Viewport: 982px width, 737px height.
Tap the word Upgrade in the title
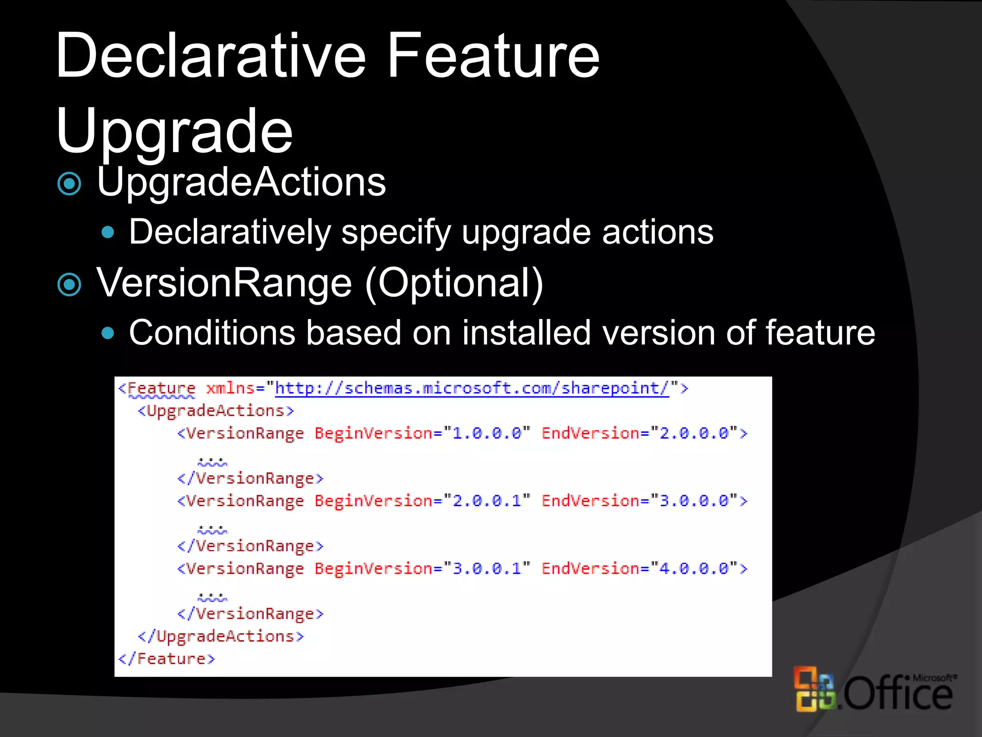174,132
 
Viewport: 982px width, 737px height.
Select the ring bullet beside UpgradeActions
70,184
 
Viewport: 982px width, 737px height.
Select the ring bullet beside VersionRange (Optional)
70,285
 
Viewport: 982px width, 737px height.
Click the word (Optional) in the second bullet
454,283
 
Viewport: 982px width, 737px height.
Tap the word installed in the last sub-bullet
526,333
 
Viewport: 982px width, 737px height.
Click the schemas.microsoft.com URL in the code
471,388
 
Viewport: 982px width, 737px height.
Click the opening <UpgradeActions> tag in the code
216,411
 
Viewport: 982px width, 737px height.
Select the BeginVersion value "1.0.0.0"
487,433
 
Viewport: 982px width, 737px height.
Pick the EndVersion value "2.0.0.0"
694,433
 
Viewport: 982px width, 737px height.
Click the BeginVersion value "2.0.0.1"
487,501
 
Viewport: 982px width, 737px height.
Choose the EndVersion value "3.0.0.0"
694,501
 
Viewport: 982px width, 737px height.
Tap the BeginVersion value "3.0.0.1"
487,569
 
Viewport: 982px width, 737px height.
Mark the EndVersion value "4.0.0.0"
694,569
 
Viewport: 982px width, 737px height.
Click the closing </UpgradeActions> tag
221,637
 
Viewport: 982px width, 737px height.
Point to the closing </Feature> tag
167,659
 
